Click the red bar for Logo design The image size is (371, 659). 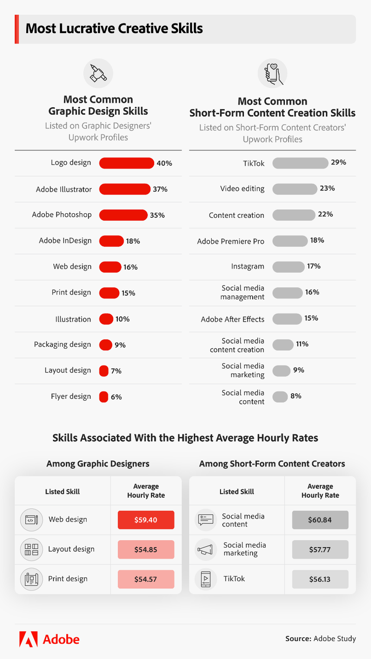[x=127, y=163]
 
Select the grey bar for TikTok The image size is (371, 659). [x=300, y=163]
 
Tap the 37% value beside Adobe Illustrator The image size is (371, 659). [x=160, y=189]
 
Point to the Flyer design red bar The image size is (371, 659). [x=103, y=397]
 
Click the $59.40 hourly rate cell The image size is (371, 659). [x=146, y=520]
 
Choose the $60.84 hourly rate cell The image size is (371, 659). [x=320, y=520]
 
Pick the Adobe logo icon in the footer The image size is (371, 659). [x=29, y=639]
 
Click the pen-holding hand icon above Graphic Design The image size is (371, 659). [x=98, y=74]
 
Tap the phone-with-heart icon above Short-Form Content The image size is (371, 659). [x=272, y=74]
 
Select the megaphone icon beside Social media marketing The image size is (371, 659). [x=205, y=549]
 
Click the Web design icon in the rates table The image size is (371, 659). [x=31, y=520]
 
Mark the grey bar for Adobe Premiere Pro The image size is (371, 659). [x=290, y=241]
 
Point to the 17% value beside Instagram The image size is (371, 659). [x=314, y=266]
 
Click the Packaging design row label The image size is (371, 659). [x=62, y=344]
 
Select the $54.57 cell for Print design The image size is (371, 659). [x=146, y=579]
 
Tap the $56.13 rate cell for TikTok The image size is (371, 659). [x=320, y=579]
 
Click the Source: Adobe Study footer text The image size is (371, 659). [x=321, y=639]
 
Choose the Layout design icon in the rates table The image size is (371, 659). [x=31, y=549]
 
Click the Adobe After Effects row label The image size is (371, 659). [x=232, y=319]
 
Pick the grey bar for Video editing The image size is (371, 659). [x=294, y=189]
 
